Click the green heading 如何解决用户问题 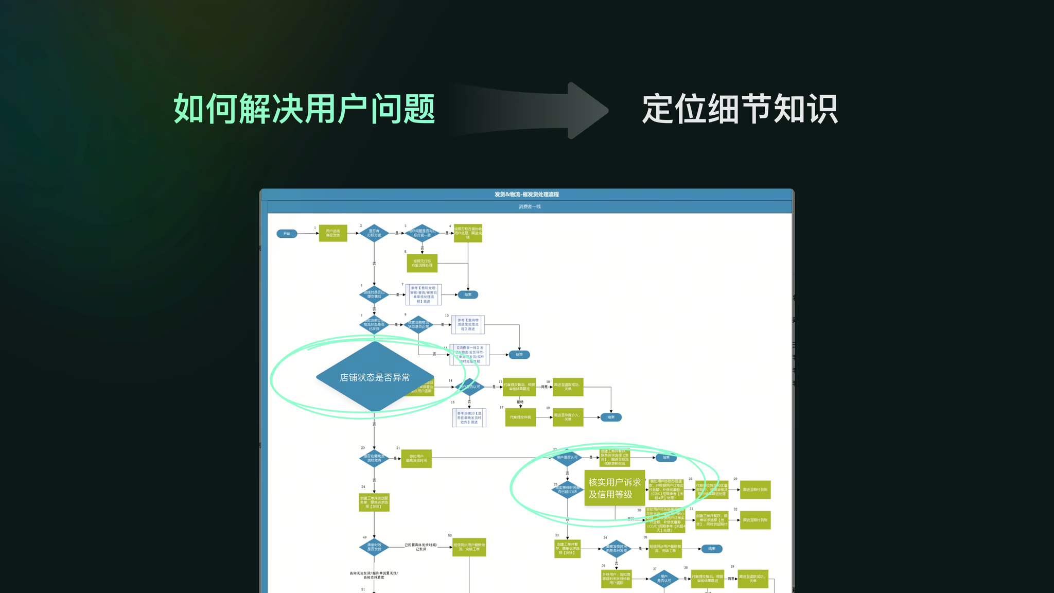point(304,109)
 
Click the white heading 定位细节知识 point(740,109)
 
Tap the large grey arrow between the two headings point(535,110)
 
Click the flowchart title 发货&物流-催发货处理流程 point(526,195)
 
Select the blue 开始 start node point(287,234)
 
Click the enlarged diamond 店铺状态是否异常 point(375,377)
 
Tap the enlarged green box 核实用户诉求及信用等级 point(614,488)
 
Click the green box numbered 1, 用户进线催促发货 point(333,233)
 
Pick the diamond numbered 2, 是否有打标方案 point(374,233)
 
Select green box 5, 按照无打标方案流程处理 point(422,263)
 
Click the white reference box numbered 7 point(423,294)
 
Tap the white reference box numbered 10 point(468,324)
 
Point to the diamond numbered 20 point(374,458)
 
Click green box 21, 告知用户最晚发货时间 point(416,458)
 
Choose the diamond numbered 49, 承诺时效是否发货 point(374,547)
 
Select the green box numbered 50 point(469,547)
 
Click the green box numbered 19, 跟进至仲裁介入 point(568,417)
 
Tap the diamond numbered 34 point(616,549)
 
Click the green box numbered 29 point(755,490)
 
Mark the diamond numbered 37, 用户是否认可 point(664,579)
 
